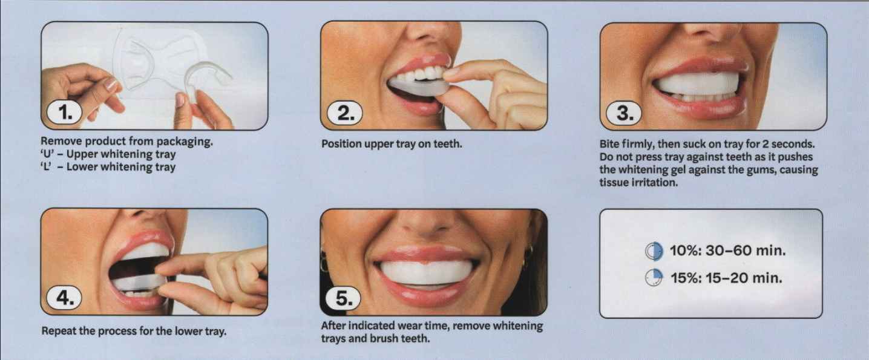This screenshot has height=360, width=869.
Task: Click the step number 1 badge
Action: (64, 113)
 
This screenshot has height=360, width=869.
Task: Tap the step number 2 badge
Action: (344, 113)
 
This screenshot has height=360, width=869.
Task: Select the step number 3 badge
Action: (624, 113)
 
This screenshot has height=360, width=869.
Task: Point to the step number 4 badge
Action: (64, 298)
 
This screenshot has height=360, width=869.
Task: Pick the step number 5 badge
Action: (343, 298)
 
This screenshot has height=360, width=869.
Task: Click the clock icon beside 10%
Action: (654, 251)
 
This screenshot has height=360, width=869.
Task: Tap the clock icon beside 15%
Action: (654, 278)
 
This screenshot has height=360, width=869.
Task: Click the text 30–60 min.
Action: (746, 250)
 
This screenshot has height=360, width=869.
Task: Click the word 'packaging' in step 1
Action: (185, 142)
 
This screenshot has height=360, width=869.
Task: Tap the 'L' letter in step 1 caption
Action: (46, 167)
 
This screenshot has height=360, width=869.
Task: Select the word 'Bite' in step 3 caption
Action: (609, 144)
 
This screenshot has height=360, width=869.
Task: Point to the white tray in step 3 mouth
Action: (697, 83)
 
